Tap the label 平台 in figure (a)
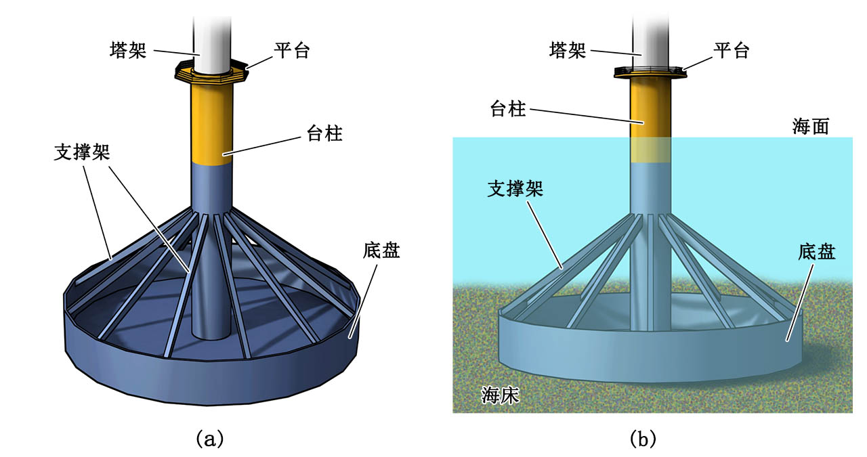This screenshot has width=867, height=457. pos(291,50)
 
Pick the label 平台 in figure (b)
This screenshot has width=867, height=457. pos(732,50)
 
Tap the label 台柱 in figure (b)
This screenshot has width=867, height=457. pos(507,108)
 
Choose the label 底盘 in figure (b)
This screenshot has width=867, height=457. pos(817,253)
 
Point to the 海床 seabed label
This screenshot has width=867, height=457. pos(500,395)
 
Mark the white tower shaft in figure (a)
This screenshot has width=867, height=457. pos(212,37)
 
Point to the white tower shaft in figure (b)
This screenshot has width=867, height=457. pos(651,37)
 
